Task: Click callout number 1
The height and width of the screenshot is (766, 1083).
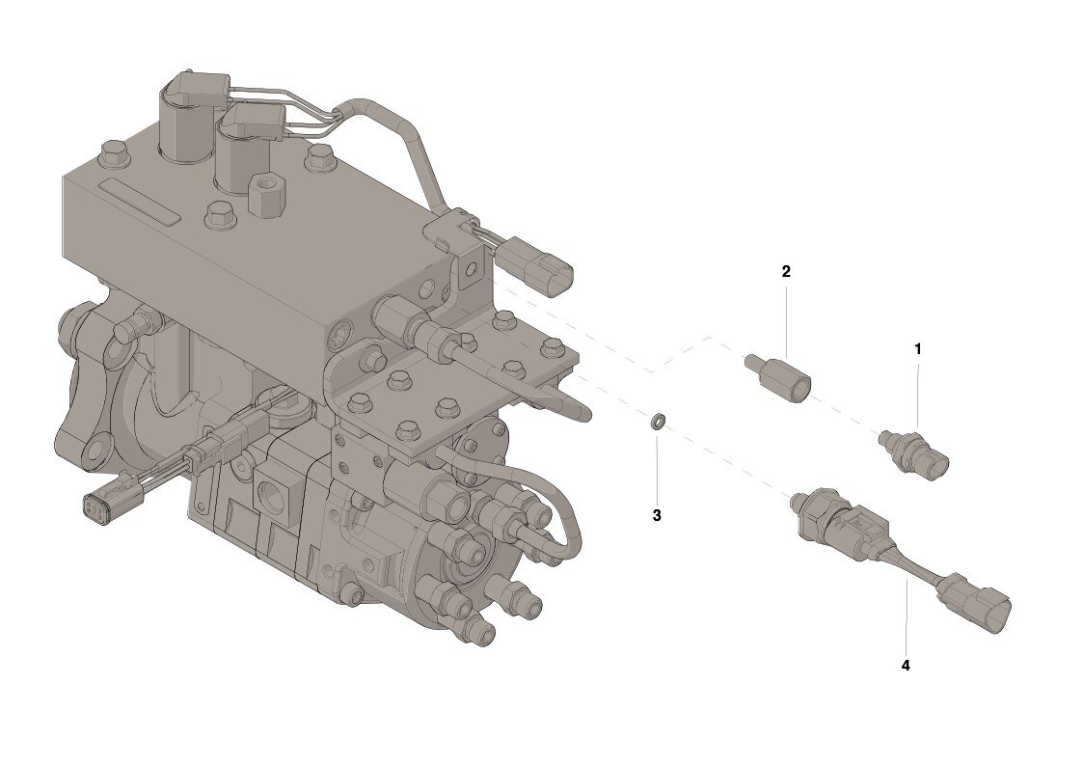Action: click(918, 349)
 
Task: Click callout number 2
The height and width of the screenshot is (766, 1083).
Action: click(786, 271)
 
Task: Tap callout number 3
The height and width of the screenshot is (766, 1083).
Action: click(657, 515)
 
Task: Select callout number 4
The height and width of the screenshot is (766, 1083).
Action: click(906, 665)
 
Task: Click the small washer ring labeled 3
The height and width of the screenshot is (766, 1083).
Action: click(659, 421)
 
